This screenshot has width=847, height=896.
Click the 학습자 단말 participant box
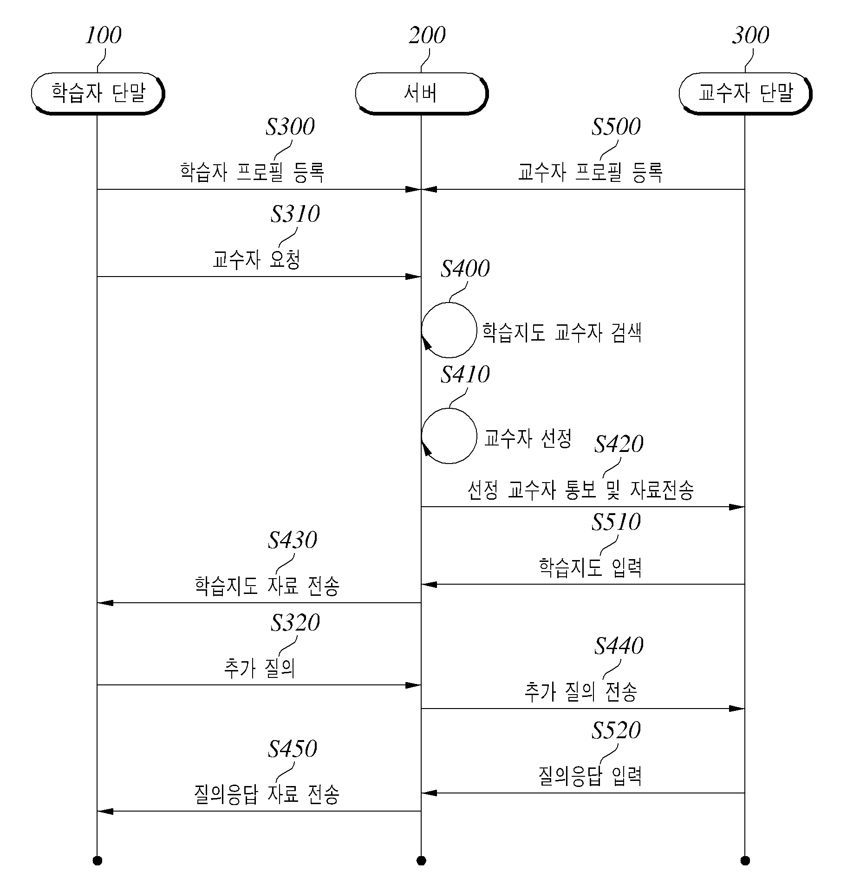[98, 93]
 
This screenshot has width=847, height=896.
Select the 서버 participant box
[421, 93]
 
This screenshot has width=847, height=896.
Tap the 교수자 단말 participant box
[745, 93]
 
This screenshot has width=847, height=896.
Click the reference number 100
[103, 35]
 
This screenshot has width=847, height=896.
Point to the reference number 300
[751, 35]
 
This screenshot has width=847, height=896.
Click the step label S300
[290, 126]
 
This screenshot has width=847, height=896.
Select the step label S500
[616, 126]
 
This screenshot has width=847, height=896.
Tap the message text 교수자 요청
[256, 260]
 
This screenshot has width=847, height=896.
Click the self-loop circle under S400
[449, 330]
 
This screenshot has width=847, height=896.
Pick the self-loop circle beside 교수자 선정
[449, 436]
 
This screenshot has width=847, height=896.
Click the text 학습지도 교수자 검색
[562, 332]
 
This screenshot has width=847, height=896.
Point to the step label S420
[619, 444]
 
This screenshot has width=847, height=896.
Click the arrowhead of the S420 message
[737, 507]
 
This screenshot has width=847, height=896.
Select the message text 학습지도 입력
[590, 567]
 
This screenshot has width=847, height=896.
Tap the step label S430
[293, 540]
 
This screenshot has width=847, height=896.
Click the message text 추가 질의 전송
[580, 691]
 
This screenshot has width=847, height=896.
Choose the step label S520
[616, 730]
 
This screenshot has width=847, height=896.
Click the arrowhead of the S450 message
[105, 811]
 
